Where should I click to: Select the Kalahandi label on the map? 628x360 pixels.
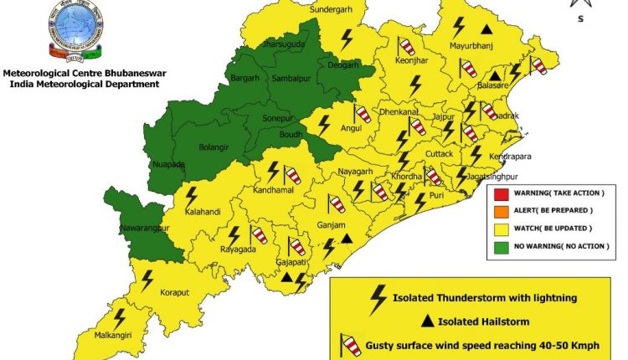point(203,212)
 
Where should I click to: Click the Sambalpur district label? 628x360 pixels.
point(292,78)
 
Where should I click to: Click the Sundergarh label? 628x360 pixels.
point(332,10)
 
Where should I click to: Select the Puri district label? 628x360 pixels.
point(437,195)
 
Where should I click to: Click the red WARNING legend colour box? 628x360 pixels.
point(498,193)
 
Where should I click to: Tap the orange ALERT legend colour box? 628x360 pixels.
point(498,210)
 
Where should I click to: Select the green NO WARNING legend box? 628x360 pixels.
point(498,245)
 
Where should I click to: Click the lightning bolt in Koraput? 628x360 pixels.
point(147,279)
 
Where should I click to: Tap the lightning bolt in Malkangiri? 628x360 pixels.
point(120,318)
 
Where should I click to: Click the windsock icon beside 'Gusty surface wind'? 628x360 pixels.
point(348,343)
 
